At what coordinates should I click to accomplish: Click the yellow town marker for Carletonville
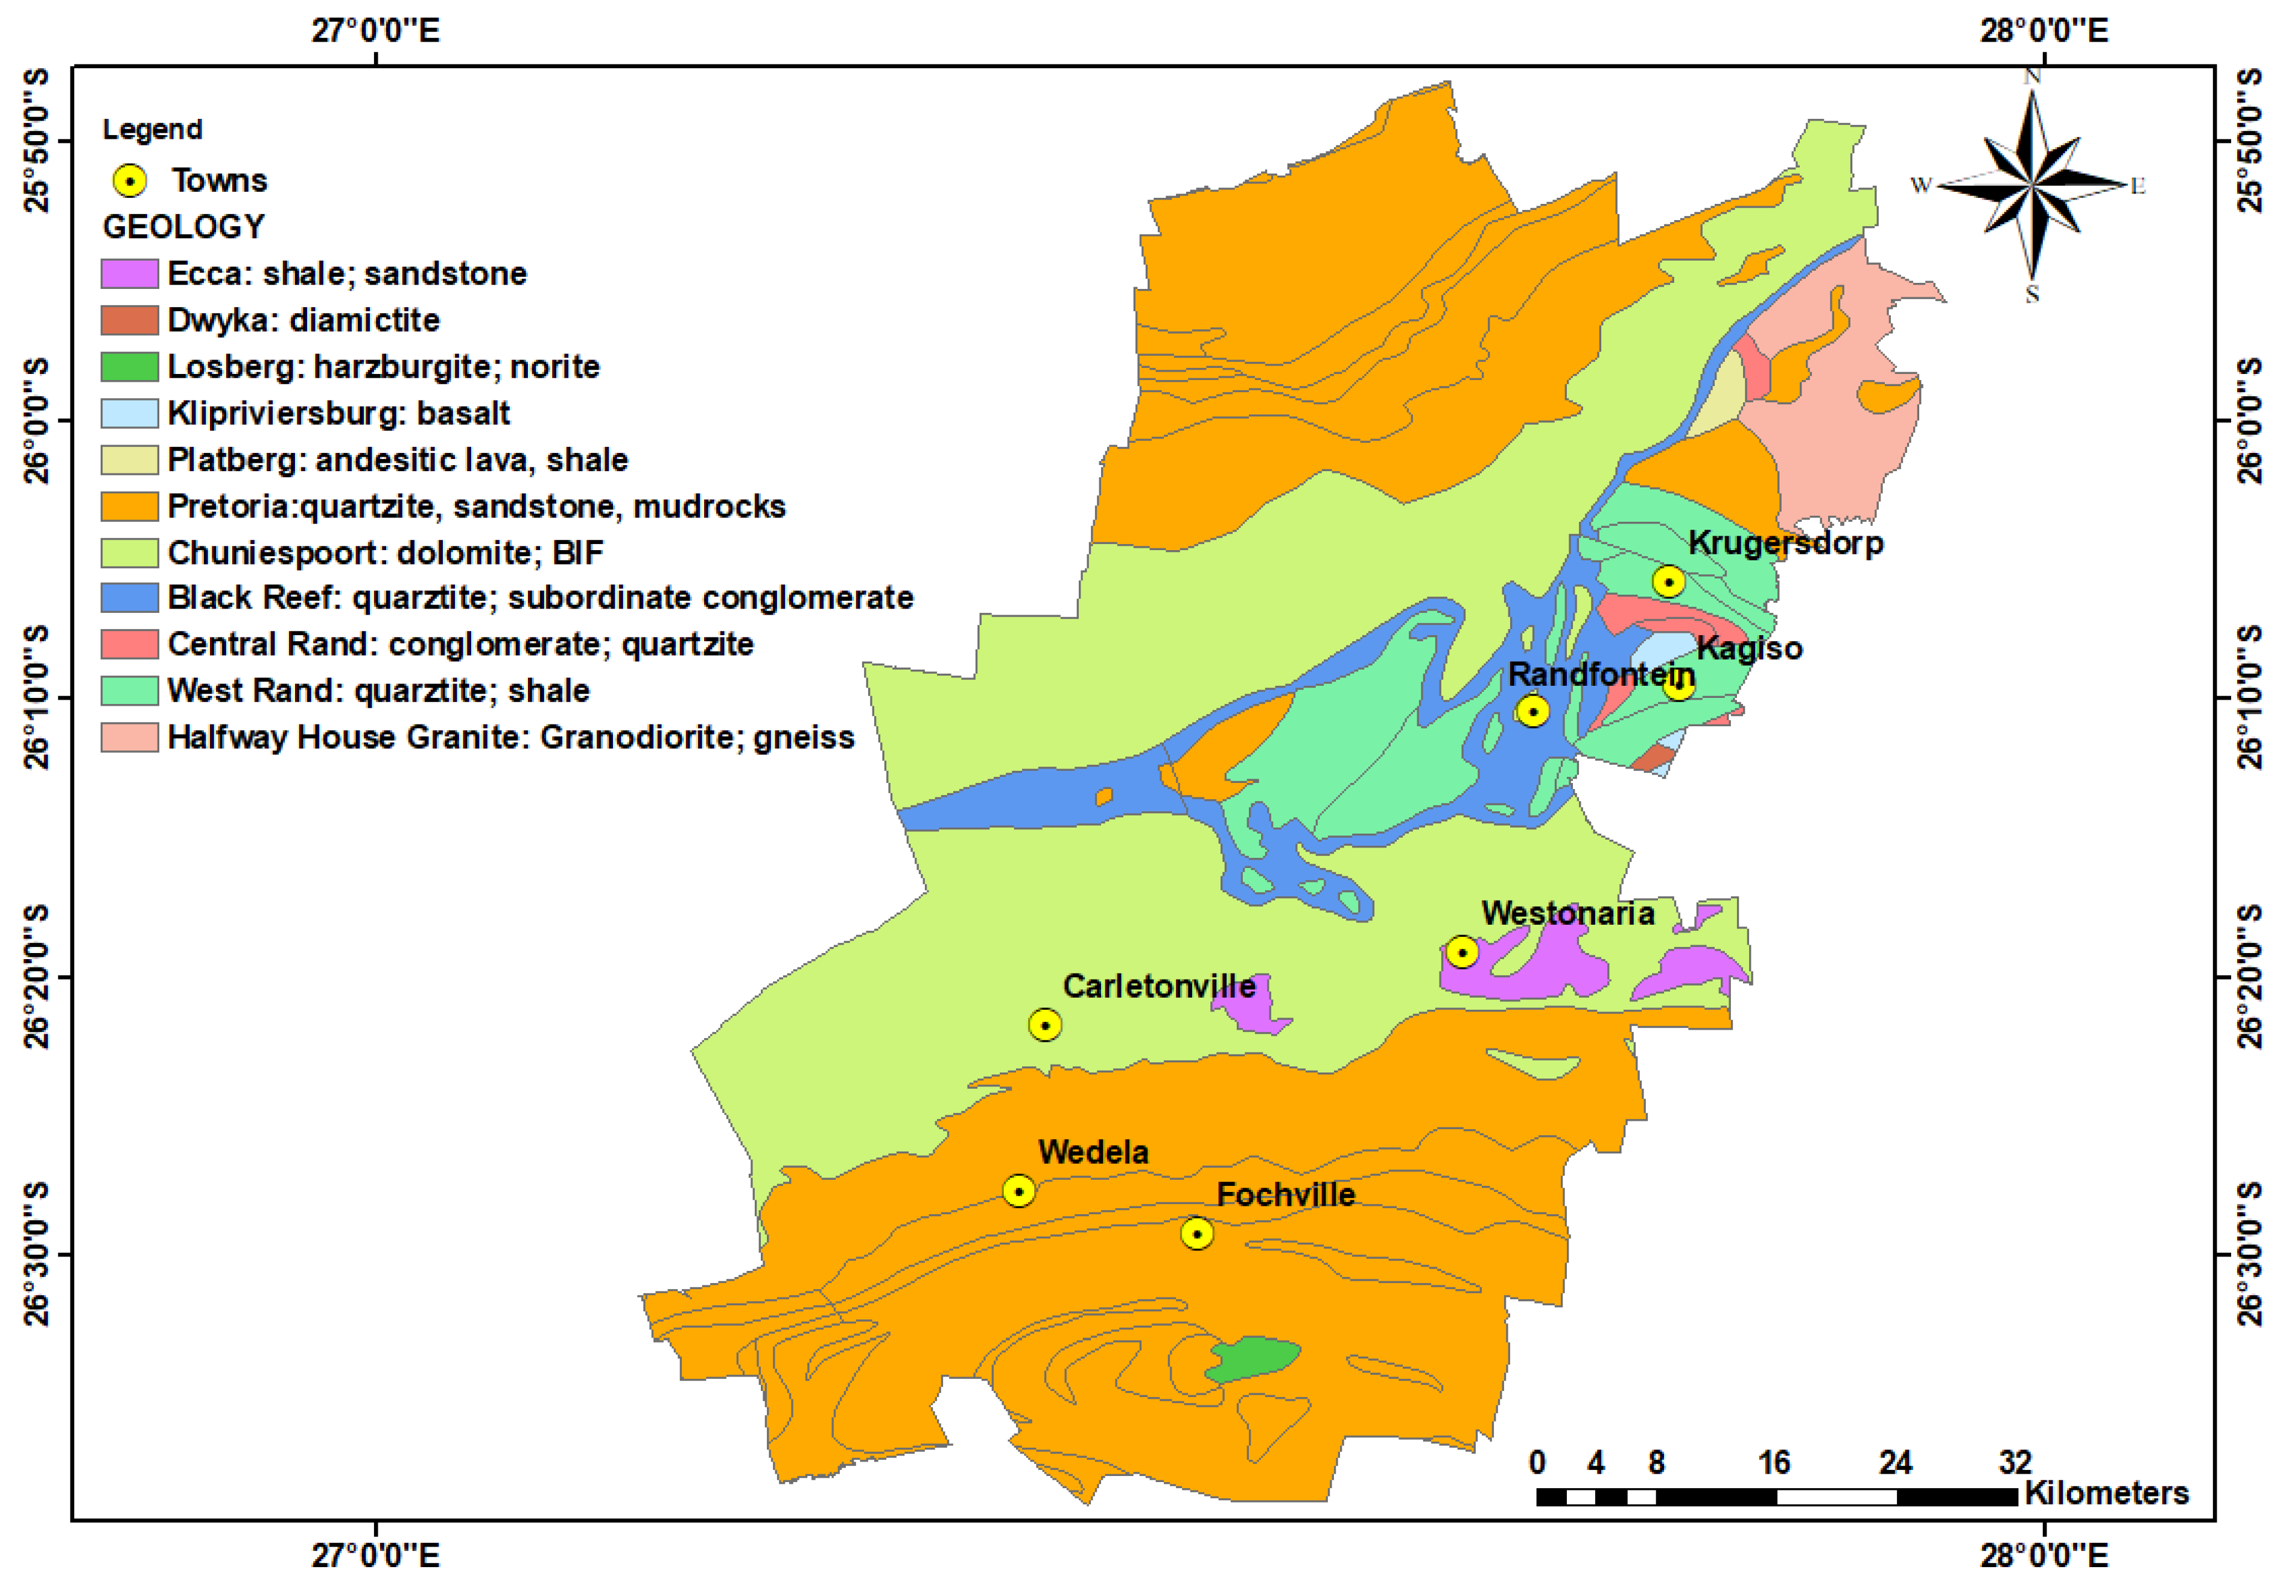pyautogui.click(x=1044, y=1024)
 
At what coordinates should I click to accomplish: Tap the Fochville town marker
pyautogui.click(x=1197, y=1233)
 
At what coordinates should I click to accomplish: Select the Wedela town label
pyautogui.click(x=1093, y=1152)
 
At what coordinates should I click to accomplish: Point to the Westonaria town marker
pyautogui.click(x=1461, y=952)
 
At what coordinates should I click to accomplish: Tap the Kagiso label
pyautogui.click(x=1749, y=648)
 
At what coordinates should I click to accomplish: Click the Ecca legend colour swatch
pyautogui.click(x=129, y=273)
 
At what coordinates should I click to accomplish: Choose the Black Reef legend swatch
pyautogui.click(x=129, y=598)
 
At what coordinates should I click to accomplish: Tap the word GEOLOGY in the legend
pyautogui.click(x=183, y=226)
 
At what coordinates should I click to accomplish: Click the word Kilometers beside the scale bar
pyautogui.click(x=2106, y=1493)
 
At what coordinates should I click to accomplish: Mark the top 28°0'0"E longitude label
pyautogui.click(x=2043, y=31)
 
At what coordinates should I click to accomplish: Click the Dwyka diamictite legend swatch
pyautogui.click(x=129, y=320)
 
